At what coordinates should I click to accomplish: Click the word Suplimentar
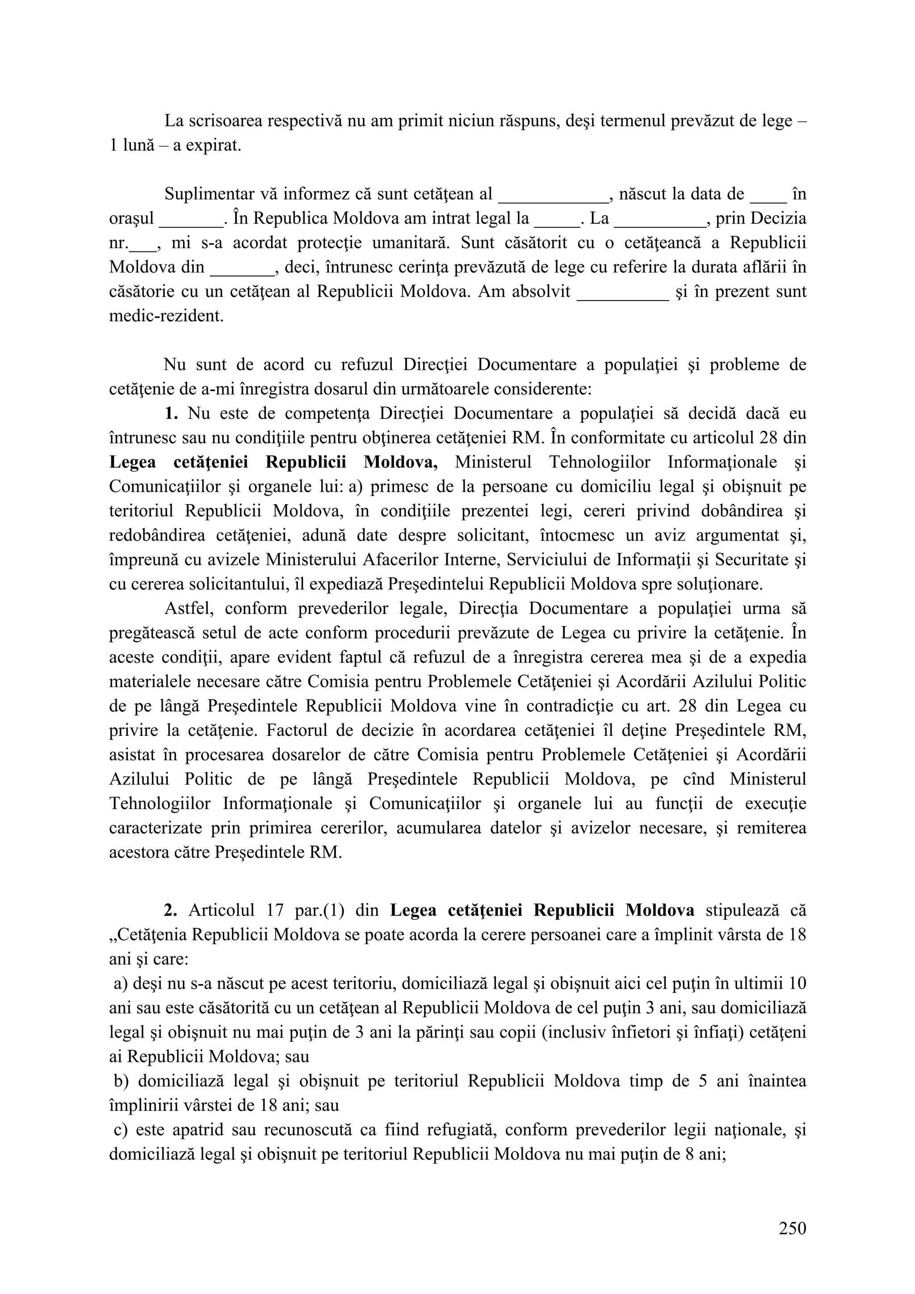tap(207, 194)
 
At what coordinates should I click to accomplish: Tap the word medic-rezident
tap(166, 316)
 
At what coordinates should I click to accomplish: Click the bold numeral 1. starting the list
tap(172, 413)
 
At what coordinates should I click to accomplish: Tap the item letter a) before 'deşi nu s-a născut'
tap(121, 984)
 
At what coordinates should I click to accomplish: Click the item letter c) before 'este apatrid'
tap(121, 1130)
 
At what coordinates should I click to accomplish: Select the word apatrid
tap(215, 1130)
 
